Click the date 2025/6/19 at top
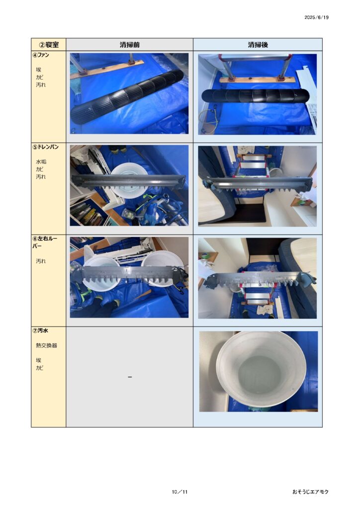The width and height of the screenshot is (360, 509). click(316, 17)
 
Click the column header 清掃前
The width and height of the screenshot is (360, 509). click(129, 45)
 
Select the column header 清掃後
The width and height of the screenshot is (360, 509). click(258, 45)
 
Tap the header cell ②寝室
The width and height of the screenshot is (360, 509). click(49, 45)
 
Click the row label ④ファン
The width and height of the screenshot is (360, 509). click(41, 55)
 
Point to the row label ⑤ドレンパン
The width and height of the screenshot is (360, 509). click(45, 147)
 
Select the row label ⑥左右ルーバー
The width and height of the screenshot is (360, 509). click(45, 242)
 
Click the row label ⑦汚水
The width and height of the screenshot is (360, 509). click(40, 331)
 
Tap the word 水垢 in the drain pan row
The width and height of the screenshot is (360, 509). click(41, 162)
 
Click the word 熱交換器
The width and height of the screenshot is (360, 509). click(46, 345)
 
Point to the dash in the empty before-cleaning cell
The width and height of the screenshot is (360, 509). click(130, 377)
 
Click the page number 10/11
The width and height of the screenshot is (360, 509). click(180, 492)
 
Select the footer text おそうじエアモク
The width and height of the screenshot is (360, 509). click(310, 492)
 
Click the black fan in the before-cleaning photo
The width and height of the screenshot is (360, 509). click(127, 97)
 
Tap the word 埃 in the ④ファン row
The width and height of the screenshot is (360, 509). click(39, 70)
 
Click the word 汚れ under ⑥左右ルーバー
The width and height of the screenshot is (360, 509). click(41, 261)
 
